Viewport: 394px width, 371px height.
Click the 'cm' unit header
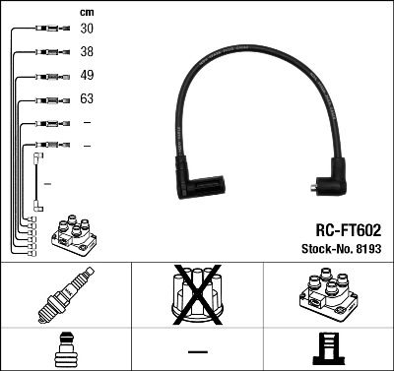pos(85,11)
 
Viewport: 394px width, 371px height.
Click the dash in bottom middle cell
pos(197,351)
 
